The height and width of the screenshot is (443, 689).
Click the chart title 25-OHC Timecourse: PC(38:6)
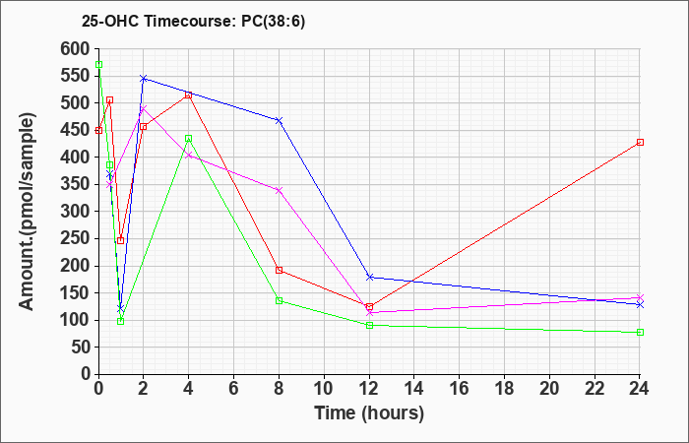(x=193, y=21)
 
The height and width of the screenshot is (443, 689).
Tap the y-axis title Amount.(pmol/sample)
(x=27, y=212)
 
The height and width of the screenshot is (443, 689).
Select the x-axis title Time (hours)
(x=369, y=413)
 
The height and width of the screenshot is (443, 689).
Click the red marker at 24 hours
(x=640, y=143)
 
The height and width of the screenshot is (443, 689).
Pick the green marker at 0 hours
(x=98, y=65)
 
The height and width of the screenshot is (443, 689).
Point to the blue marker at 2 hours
(x=144, y=79)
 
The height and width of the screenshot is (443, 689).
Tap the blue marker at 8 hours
(x=279, y=120)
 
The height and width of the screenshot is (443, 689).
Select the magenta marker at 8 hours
(x=279, y=190)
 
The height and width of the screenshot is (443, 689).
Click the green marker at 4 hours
(x=189, y=139)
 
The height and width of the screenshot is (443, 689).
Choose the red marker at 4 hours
(x=189, y=95)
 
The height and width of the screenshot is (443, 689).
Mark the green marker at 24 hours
(x=640, y=333)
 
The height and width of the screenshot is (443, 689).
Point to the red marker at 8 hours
(x=279, y=270)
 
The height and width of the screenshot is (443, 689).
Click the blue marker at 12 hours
(x=369, y=278)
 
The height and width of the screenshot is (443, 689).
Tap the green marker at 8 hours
(x=279, y=300)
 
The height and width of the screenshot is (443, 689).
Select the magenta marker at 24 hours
(x=640, y=297)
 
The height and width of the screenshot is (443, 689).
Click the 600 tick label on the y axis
(x=74, y=49)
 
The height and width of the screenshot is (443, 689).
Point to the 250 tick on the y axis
(x=74, y=238)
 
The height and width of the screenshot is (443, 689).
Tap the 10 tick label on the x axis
(x=324, y=389)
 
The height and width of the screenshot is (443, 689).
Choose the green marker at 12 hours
(x=369, y=325)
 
